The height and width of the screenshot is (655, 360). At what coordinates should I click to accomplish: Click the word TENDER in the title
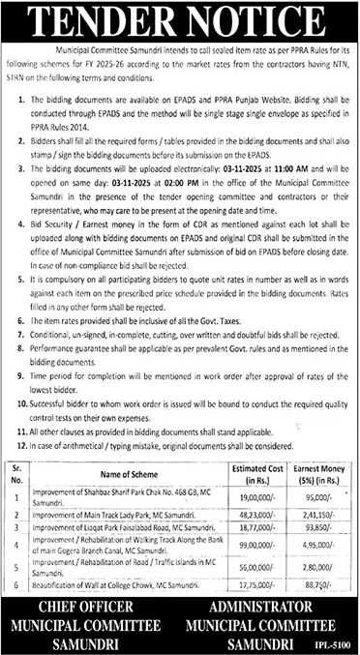tap(116, 16)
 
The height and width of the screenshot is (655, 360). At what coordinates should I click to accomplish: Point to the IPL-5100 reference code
tap(336, 641)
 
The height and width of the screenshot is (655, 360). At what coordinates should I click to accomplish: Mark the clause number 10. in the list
tap(13, 371)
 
